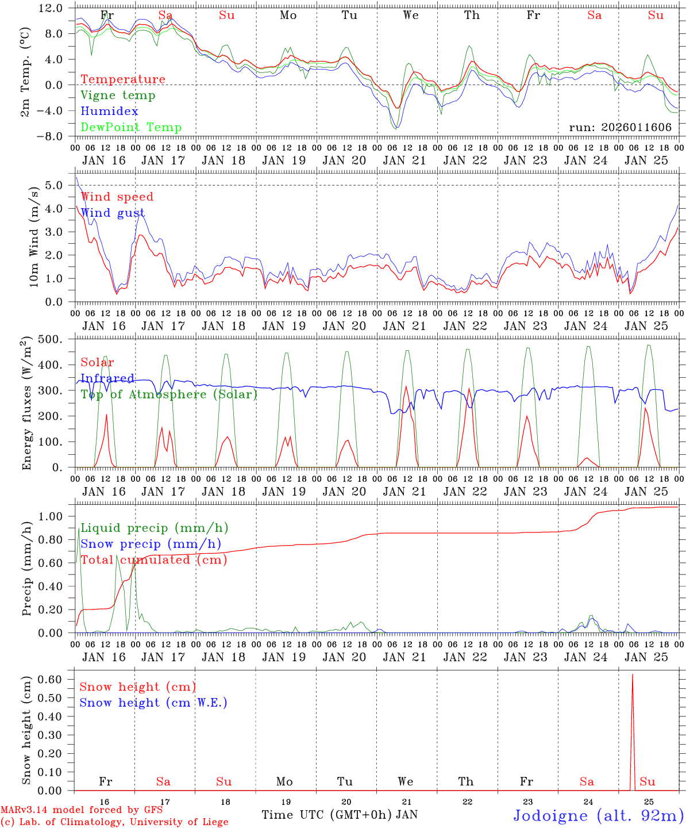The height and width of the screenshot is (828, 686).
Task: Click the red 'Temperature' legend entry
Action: click(x=122, y=79)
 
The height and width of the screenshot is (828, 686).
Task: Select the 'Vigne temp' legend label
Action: click(x=118, y=95)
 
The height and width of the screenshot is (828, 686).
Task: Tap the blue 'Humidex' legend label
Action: click(x=109, y=112)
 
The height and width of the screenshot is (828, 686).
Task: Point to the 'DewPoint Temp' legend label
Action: click(x=131, y=128)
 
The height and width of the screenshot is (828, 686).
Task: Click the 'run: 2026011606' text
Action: click(x=620, y=128)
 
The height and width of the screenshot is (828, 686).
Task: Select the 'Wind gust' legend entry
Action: click(x=113, y=213)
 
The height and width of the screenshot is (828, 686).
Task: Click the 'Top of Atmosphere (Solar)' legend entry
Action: click(x=169, y=394)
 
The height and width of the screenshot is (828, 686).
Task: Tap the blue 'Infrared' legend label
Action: click(x=107, y=378)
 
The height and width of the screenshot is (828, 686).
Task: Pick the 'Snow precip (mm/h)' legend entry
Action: click(x=151, y=544)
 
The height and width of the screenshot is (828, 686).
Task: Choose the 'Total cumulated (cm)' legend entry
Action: click(x=153, y=560)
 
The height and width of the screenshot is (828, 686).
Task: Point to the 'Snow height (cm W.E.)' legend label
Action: click(x=153, y=703)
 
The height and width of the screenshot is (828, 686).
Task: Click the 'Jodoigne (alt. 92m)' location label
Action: click(x=598, y=815)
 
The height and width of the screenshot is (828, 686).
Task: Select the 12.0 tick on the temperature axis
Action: click(x=51, y=8)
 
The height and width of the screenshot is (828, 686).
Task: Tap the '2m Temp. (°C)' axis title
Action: click(x=25, y=72)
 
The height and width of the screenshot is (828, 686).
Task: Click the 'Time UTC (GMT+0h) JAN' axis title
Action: click(x=340, y=815)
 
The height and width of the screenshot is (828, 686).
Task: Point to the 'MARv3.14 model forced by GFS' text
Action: click(x=82, y=810)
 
